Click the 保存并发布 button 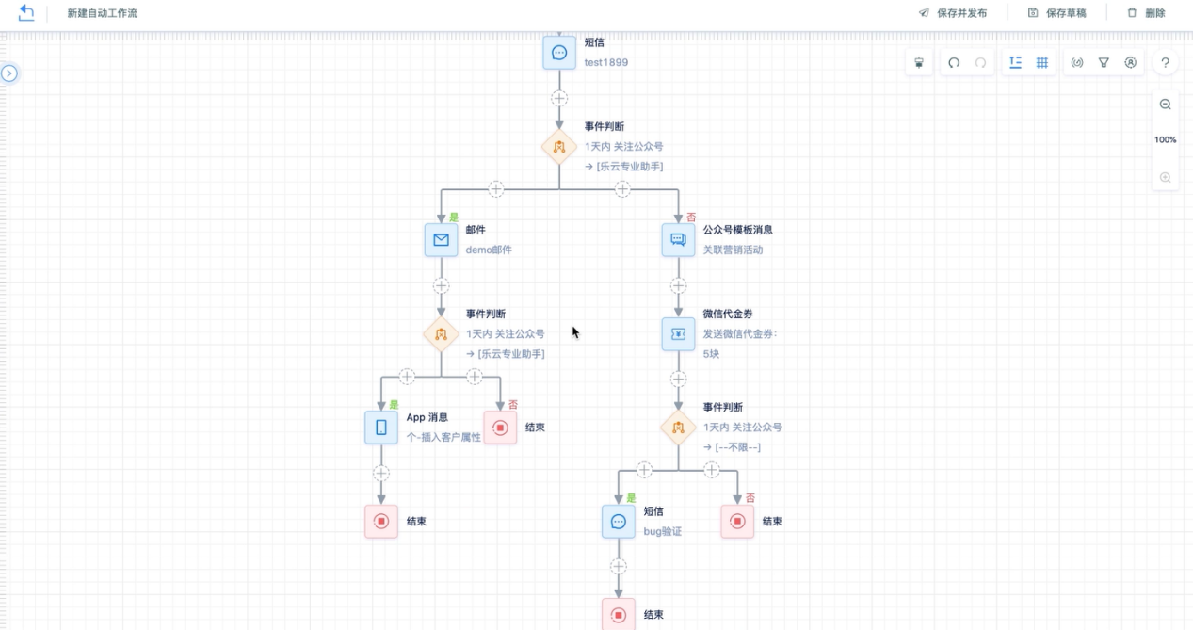click(x=953, y=13)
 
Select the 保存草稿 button click(x=1056, y=13)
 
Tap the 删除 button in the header click(x=1146, y=13)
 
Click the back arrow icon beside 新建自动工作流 click(x=26, y=13)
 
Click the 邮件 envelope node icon click(x=441, y=240)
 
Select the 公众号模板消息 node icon click(x=678, y=240)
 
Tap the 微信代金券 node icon click(x=678, y=334)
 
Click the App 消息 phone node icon click(x=381, y=428)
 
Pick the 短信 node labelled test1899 click(x=559, y=53)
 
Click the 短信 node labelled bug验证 click(x=619, y=522)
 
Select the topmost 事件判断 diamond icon click(x=559, y=147)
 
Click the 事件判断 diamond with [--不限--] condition click(x=678, y=428)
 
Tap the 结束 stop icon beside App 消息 click(x=500, y=428)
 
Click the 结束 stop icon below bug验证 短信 click(x=619, y=615)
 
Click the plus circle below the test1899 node click(x=559, y=98)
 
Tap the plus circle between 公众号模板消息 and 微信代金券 click(x=678, y=285)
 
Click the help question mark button click(x=1165, y=63)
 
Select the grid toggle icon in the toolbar click(x=1042, y=63)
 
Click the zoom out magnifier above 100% click(x=1165, y=105)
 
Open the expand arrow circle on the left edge click(x=9, y=73)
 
